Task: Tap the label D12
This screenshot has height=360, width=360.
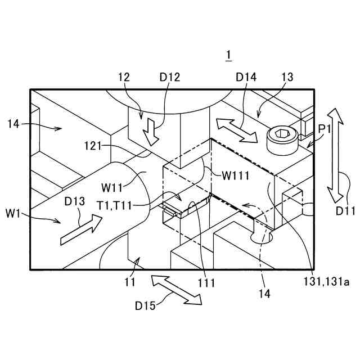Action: (x=169, y=78)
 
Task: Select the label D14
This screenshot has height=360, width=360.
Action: (x=246, y=78)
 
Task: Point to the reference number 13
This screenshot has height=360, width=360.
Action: (x=287, y=78)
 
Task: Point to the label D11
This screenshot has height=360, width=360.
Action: (x=346, y=210)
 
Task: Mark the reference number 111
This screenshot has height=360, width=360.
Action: (x=206, y=283)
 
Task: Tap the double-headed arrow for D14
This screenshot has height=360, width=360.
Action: (x=239, y=130)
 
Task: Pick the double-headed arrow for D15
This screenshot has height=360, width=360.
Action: (x=175, y=289)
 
